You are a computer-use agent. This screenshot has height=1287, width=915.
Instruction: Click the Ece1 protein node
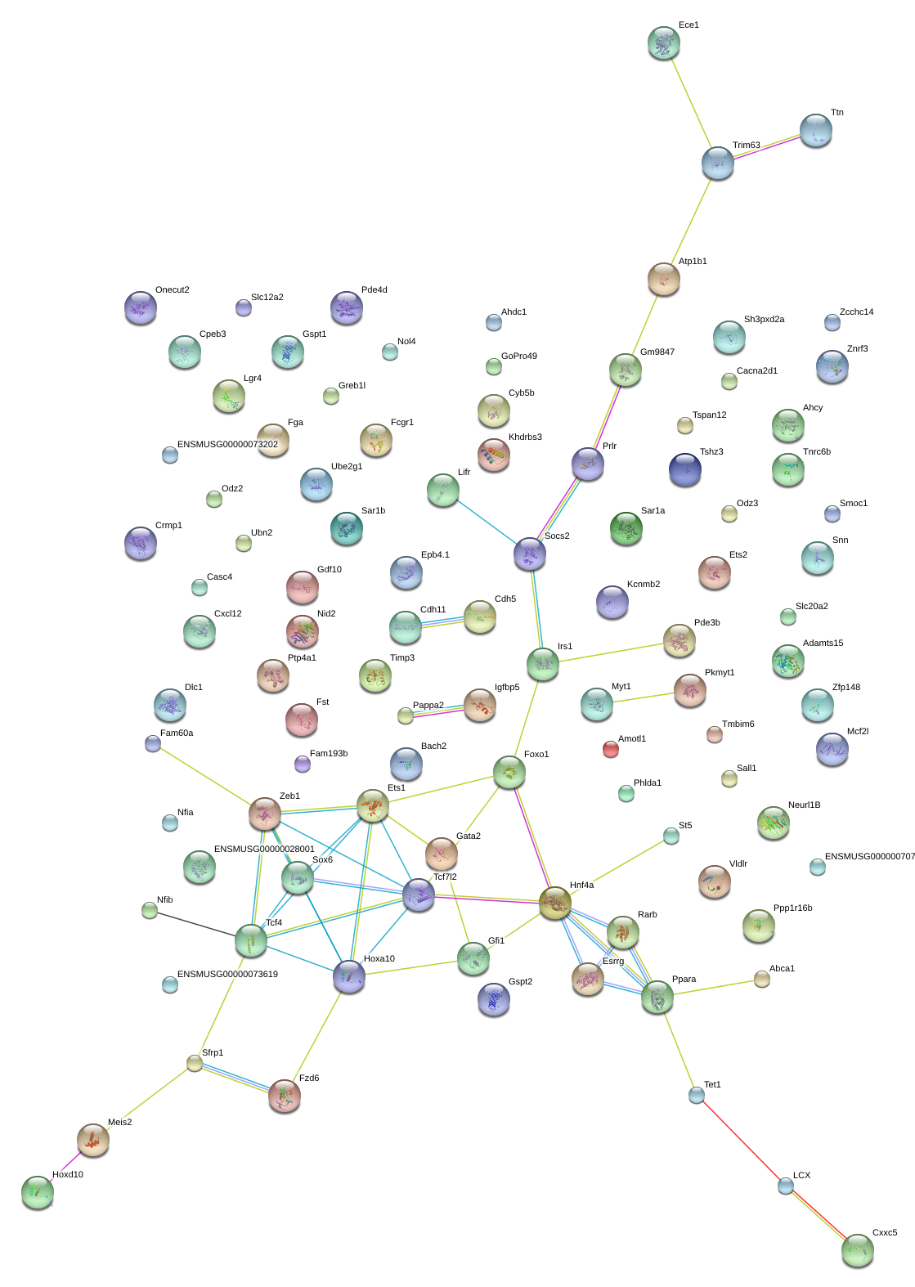(663, 43)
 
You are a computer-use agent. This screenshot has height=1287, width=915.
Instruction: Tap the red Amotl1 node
(610, 748)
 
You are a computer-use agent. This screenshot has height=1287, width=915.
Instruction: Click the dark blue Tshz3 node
(684, 469)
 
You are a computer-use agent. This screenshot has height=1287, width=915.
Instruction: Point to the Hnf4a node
(554, 903)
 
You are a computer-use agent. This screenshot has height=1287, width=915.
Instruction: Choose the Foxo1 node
(509, 771)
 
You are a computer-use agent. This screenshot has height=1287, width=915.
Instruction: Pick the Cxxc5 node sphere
(857, 1249)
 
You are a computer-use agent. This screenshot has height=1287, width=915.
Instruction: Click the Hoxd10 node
(37, 1191)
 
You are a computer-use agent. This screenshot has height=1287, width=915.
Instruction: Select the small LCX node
(785, 1185)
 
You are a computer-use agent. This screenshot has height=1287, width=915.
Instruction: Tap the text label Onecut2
(172, 290)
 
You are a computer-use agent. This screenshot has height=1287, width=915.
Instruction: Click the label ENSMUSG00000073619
(227, 975)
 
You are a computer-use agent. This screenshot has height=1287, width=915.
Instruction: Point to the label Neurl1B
(804, 805)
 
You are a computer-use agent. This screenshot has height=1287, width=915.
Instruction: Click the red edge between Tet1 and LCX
(740, 1139)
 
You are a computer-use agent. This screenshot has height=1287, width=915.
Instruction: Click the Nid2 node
(302, 630)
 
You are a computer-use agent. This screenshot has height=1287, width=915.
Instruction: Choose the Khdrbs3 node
(493, 455)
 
